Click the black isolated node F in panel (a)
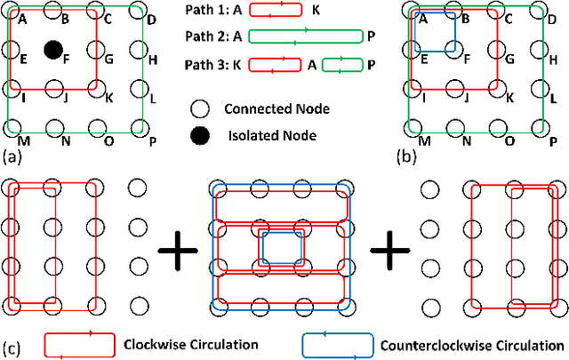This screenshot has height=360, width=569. (x=53, y=50)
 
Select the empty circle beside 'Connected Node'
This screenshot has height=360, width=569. (x=201, y=109)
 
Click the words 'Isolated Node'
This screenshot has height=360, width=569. (x=264, y=135)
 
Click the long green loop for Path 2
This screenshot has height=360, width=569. (x=305, y=36)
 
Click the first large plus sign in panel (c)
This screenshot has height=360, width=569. (x=178, y=252)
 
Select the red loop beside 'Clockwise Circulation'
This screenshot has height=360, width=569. (x=79, y=345)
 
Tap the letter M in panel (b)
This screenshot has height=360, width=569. (x=424, y=141)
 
